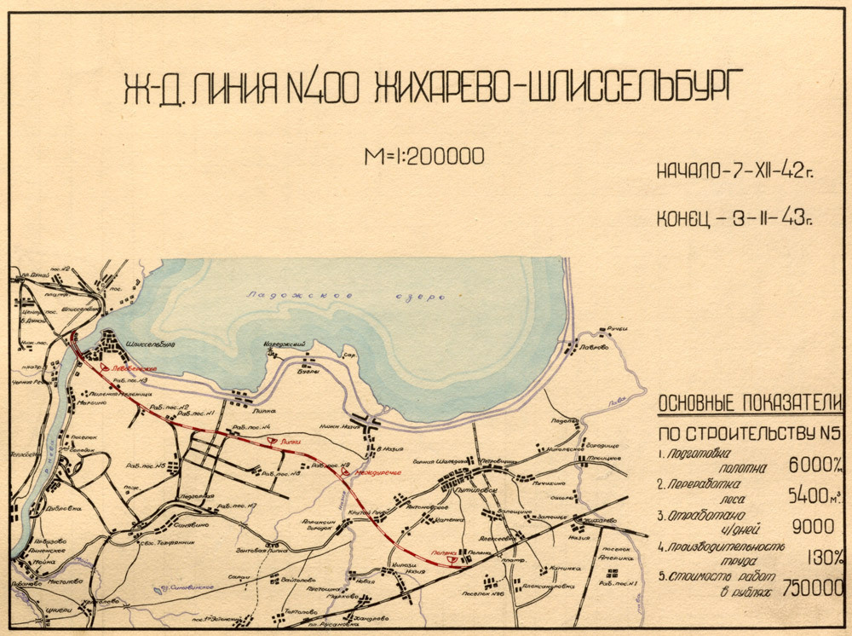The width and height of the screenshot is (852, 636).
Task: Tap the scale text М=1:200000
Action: point(423,156)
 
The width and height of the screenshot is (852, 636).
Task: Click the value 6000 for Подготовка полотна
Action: point(809,465)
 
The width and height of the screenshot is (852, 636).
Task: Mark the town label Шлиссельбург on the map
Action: point(150,344)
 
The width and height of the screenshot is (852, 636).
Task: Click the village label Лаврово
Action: point(593,348)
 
